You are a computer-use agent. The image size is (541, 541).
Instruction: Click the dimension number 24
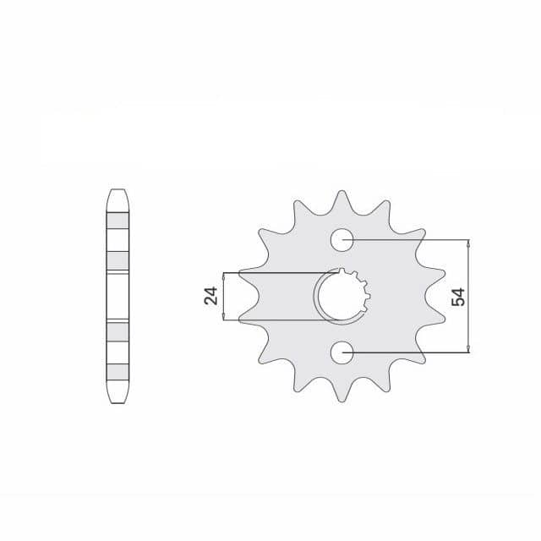[x=210, y=296]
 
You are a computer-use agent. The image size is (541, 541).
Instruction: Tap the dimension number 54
[x=458, y=297]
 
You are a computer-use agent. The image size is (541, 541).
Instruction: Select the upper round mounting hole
[x=342, y=239]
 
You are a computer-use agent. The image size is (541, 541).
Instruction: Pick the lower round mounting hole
[x=342, y=352]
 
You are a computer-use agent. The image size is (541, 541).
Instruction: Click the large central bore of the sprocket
[x=340, y=296]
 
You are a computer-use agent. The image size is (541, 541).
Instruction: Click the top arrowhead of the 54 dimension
[x=467, y=243]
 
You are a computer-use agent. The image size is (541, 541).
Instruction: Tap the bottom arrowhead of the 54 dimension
[x=467, y=348]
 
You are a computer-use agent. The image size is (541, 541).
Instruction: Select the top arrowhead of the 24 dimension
[x=223, y=276]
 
